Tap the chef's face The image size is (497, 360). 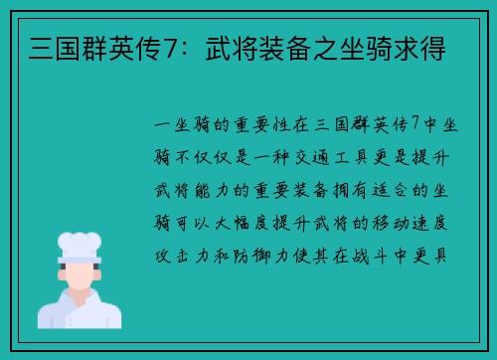(80, 272)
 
